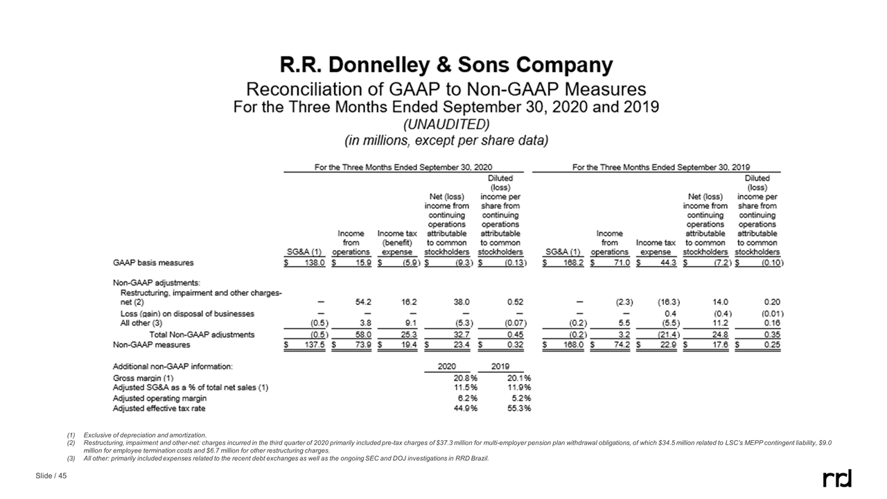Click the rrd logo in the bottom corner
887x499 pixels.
point(836,478)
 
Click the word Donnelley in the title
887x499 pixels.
point(387,66)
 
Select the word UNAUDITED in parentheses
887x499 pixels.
point(446,124)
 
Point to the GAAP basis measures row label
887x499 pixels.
point(153,263)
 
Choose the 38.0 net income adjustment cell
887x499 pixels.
point(461,302)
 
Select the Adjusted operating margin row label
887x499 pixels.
point(159,399)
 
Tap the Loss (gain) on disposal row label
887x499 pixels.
point(187,314)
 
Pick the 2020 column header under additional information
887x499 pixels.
point(447,365)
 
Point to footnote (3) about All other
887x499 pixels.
point(277,459)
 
